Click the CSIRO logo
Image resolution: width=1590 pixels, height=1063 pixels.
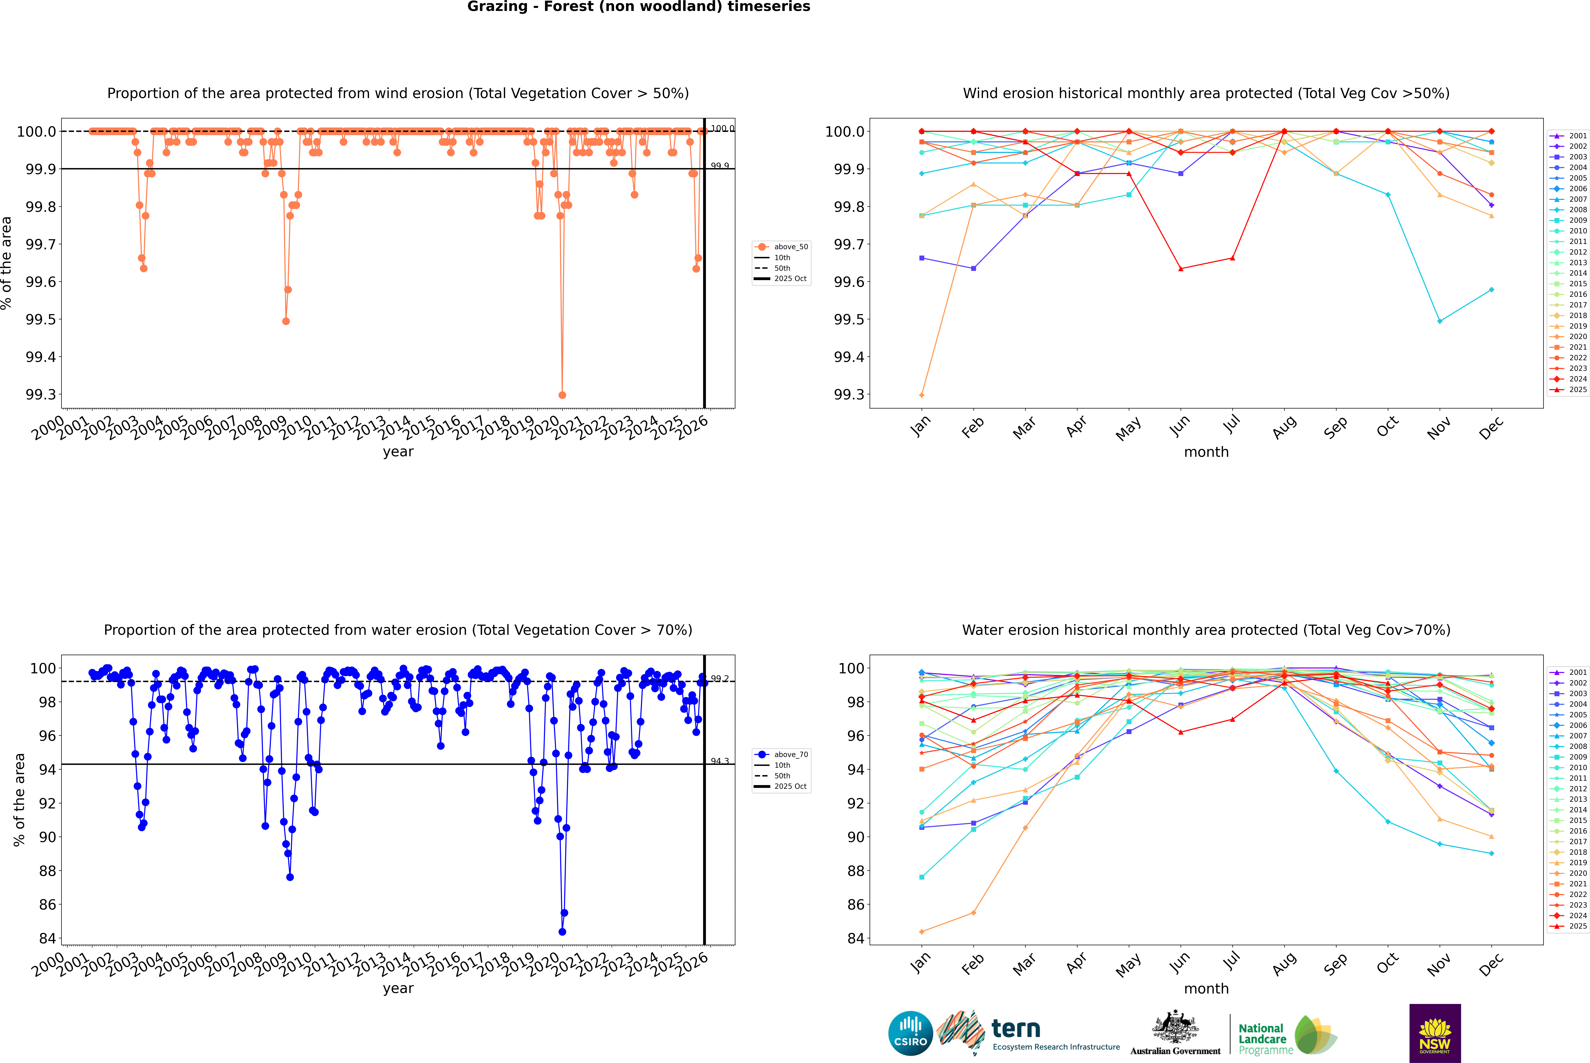click(910, 1033)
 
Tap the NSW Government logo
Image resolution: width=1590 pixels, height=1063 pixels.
click(1435, 1033)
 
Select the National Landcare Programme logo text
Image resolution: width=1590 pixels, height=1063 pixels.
click(1262, 1039)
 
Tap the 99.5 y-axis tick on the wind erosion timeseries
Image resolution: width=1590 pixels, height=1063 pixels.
click(41, 319)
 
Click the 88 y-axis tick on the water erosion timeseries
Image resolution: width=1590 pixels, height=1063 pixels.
click(47, 871)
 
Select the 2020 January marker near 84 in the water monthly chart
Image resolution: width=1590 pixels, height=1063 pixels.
click(922, 931)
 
